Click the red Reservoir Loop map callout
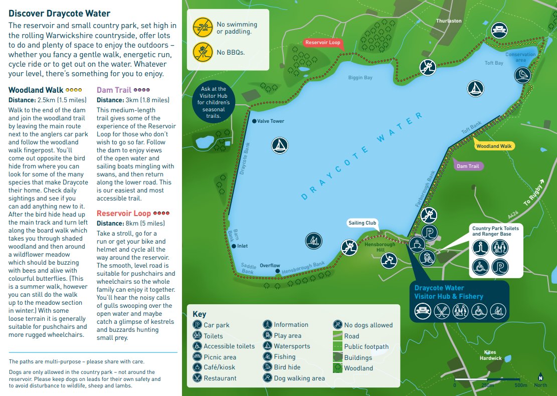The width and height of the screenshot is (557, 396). coord(322,43)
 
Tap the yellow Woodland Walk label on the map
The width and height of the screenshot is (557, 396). coord(494,146)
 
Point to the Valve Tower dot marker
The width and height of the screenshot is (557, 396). coord(254,121)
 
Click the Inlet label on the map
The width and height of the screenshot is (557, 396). coord(243,246)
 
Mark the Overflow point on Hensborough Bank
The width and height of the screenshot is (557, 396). coord(278,272)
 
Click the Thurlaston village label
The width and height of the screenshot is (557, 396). coord(448,21)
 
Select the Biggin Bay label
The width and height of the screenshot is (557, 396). coord(360,78)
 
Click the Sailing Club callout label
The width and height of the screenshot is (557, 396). coord(362,223)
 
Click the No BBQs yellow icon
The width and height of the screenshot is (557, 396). coord(202,52)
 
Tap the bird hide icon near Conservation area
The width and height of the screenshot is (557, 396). coord(522,75)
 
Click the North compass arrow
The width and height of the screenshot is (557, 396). coord(540,377)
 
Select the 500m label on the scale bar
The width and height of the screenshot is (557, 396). coord(520,385)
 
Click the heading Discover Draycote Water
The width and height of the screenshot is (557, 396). coord(59,14)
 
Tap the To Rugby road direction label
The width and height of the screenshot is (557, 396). coord(532,193)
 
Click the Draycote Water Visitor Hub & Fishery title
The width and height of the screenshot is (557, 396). coord(448,292)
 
